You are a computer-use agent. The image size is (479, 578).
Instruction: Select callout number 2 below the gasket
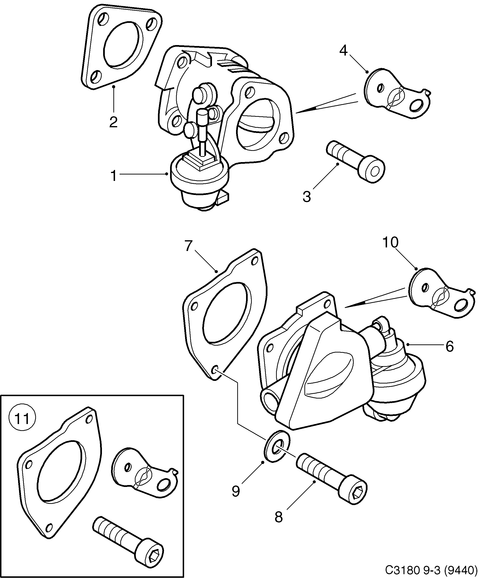point(113,122)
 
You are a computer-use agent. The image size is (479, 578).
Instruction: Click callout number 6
point(449,347)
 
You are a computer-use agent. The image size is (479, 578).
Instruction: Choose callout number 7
point(188,246)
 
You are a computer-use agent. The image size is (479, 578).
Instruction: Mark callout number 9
point(236,491)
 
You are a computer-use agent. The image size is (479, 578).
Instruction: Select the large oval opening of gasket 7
point(226,312)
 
